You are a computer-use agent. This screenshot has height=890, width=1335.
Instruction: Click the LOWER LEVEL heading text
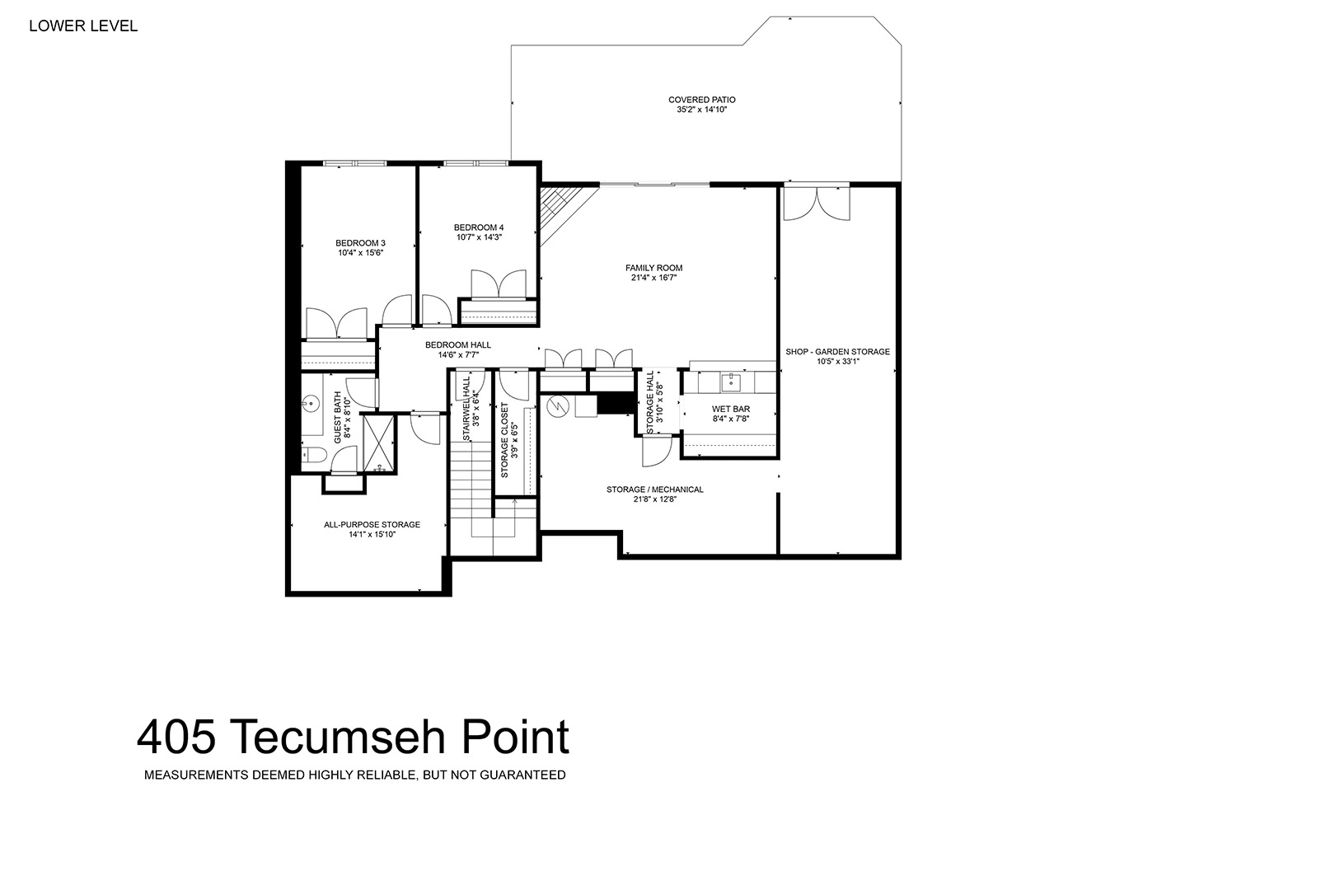pyautogui.click(x=83, y=26)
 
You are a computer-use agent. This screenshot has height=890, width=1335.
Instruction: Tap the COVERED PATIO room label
pyautogui.click(x=702, y=100)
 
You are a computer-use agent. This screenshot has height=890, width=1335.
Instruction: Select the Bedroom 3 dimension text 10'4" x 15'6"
pyautogui.click(x=361, y=253)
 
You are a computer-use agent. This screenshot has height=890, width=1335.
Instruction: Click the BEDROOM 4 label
pyautogui.click(x=479, y=227)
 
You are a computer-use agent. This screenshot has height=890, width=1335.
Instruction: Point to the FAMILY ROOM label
pyautogui.click(x=653, y=268)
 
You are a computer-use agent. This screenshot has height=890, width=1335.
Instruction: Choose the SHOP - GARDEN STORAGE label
pyautogui.click(x=837, y=352)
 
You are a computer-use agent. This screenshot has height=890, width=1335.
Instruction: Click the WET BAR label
pyautogui.click(x=731, y=409)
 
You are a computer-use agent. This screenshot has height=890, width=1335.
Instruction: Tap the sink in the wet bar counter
pyautogui.click(x=731, y=382)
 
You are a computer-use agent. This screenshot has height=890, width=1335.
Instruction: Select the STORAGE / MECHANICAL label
pyautogui.click(x=655, y=489)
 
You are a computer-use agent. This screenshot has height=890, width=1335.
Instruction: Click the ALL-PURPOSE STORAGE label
pyautogui.click(x=372, y=525)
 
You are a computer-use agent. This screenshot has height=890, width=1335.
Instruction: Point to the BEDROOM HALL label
pyautogui.click(x=457, y=344)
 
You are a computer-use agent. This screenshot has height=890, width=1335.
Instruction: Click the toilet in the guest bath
pyautogui.click(x=312, y=456)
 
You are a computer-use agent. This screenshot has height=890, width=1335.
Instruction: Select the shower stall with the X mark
pyautogui.click(x=379, y=443)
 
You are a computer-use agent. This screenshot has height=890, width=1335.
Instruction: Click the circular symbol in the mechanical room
pyautogui.click(x=558, y=406)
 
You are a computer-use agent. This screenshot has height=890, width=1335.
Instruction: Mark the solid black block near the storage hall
pyautogui.click(x=616, y=403)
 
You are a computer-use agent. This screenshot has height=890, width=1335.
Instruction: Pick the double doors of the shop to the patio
pyautogui.click(x=817, y=204)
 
